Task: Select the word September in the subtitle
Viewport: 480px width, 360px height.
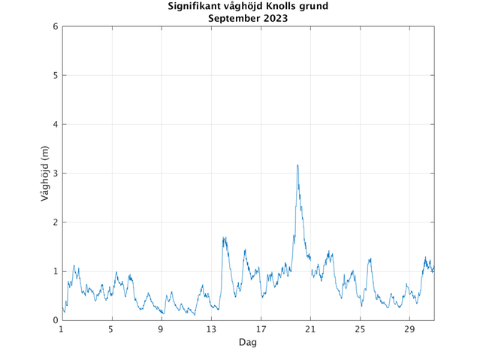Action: [235, 18]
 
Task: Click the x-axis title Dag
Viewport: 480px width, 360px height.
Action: [248, 342]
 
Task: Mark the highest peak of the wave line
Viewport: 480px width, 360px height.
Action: [297, 165]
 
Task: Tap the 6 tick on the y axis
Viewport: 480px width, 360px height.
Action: [55, 26]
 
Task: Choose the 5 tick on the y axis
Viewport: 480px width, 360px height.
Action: [55, 75]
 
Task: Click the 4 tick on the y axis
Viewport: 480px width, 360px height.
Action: [55, 124]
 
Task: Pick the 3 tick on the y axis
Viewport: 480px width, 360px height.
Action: [55, 173]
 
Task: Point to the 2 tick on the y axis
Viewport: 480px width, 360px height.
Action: [55, 222]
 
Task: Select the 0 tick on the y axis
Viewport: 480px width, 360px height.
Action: [55, 320]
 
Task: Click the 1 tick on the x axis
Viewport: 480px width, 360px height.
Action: [62, 329]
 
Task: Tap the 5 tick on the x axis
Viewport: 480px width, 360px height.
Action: [111, 329]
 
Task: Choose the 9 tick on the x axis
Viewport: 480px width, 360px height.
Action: [161, 329]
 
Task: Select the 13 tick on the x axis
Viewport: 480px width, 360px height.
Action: [211, 329]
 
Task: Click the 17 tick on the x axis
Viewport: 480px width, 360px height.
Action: [261, 329]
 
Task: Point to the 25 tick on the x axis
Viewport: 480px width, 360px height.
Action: [360, 329]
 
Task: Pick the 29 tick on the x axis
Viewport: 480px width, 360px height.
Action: [409, 329]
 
